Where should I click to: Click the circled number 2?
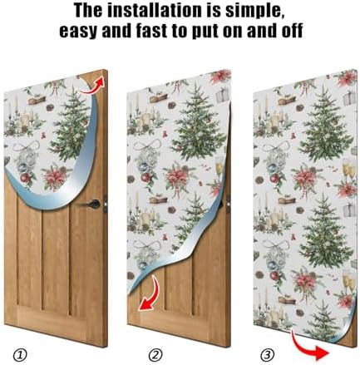(155, 355)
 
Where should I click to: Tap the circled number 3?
(268, 355)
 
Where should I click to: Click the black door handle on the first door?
(91, 205)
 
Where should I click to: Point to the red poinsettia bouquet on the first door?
(55, 177)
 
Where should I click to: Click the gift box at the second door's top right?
(222, 94)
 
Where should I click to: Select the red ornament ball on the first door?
(25, 178)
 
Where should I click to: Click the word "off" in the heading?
(292, 30)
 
